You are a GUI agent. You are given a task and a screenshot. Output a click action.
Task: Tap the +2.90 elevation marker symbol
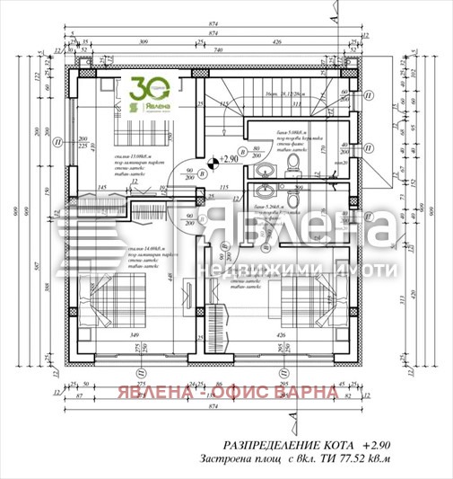point(213,162)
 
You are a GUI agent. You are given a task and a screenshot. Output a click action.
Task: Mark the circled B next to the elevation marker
point(240,151)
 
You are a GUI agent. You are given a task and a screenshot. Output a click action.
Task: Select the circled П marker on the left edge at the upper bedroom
point(57,140)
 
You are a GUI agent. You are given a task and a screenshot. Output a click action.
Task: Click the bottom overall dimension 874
point(212,407)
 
